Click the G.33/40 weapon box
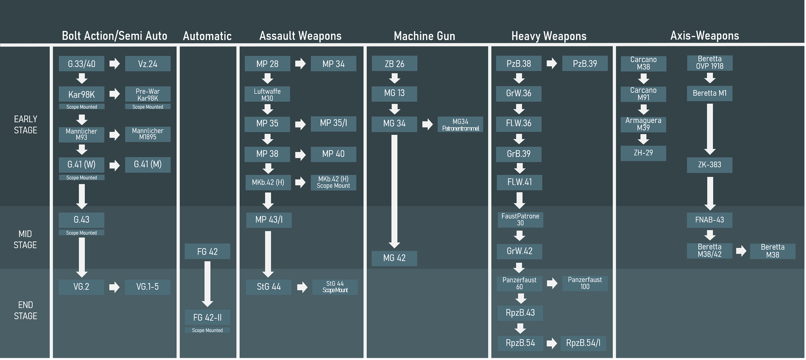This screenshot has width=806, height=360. [81, 64]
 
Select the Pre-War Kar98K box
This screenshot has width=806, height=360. [148, 94]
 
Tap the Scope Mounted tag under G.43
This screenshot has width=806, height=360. [81, 233]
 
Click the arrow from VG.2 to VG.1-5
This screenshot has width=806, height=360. [115, 287]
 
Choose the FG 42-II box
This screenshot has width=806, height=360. [207, 317]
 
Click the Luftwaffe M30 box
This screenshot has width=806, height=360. [267, 94]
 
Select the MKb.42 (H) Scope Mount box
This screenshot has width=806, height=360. [333, 182]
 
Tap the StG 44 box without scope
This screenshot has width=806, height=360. [269, 287]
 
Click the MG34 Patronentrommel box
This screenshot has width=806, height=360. [460, 125]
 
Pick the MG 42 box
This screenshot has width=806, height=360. [394, 258]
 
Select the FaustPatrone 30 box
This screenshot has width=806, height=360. [520, 220]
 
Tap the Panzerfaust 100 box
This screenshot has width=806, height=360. [585, 283]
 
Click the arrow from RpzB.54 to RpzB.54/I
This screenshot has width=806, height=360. [552, 343]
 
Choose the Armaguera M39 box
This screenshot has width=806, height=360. [643, 124]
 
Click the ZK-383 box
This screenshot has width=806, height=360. [710, 165]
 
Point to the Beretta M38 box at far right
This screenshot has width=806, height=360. [773, 251]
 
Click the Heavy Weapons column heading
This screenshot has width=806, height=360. [549, 36]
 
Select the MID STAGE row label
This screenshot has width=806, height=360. [25, 239]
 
